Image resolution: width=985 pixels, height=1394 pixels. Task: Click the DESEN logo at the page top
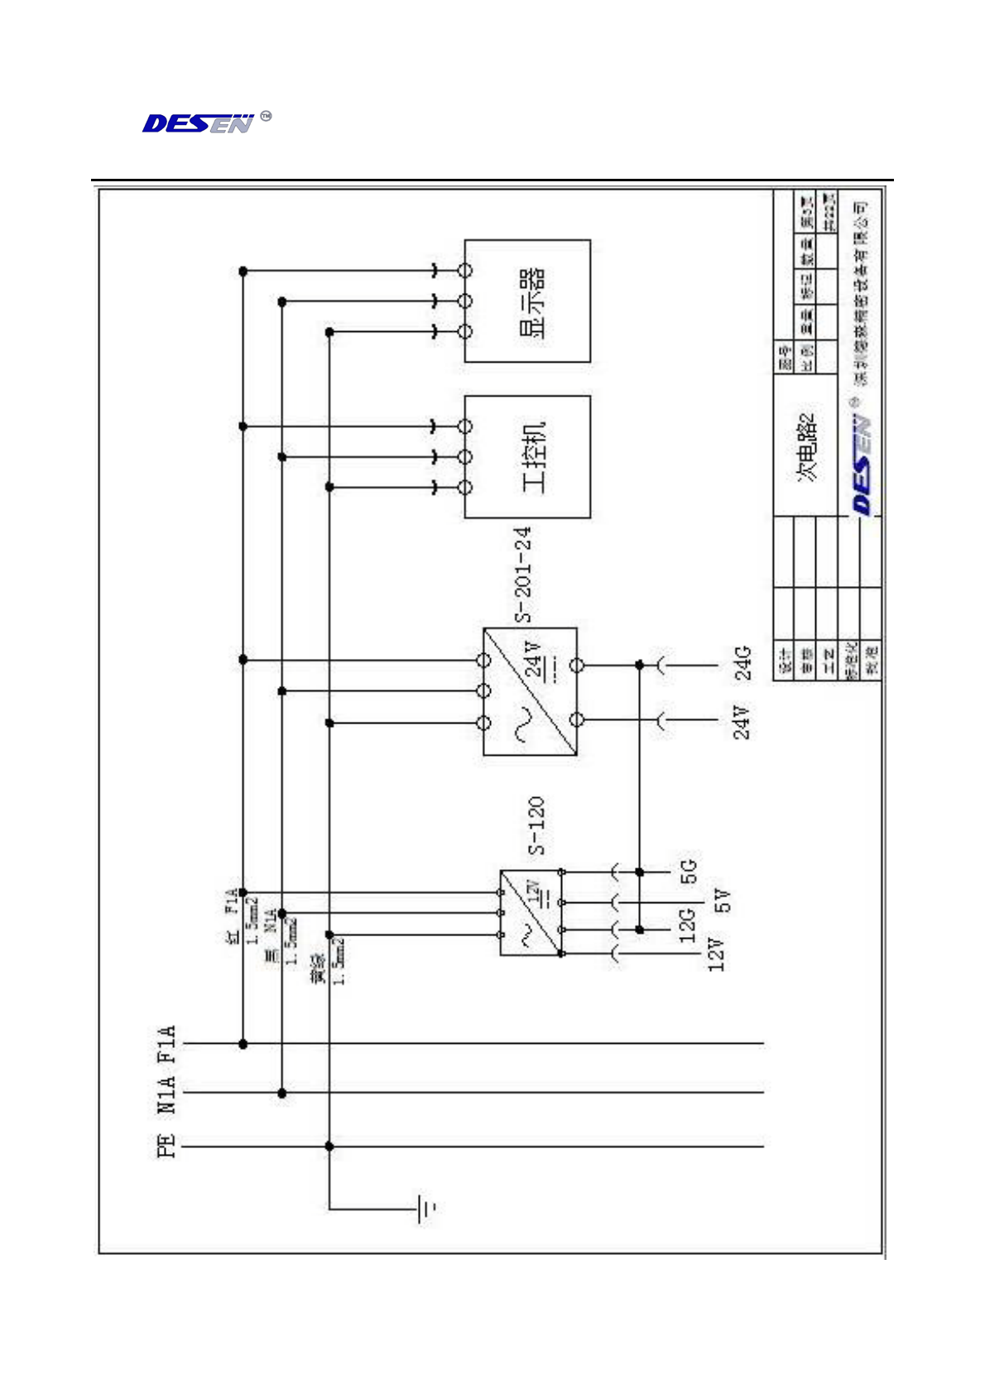tap(199, 123)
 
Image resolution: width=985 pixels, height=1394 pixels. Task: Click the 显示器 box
tap(527, 301)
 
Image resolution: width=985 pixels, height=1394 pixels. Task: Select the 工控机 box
tap(527, 457)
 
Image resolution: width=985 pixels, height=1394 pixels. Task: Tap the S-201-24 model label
tap(523, 574)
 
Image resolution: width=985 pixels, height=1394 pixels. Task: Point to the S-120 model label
tap(536, 825)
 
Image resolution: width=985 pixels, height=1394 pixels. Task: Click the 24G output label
tap(743, 663)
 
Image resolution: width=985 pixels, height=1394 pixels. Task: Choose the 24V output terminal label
tap(742, 722)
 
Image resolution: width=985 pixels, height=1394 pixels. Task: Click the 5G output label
tap(689, 871)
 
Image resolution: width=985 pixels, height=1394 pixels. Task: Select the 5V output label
tap(723, 901)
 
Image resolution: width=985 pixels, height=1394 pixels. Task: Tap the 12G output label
tap(688, 925)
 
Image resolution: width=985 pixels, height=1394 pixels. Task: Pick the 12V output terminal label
tap(716, 954)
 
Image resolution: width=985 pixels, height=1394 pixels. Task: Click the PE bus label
tap(166, 1146)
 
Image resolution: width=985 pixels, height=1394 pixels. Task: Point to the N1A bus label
tap(166, 1094)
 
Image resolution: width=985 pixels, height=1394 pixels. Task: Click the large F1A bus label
tap(166, 1045)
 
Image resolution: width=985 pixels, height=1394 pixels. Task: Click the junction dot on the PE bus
tap(329, 1146)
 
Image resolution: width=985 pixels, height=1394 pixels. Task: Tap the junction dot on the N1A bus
tap(282, 1094)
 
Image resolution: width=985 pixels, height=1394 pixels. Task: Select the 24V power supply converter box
tap(531, 691)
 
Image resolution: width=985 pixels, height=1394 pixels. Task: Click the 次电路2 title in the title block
tap(806, 447)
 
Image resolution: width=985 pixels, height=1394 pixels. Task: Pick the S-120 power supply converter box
tap(531, 913)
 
